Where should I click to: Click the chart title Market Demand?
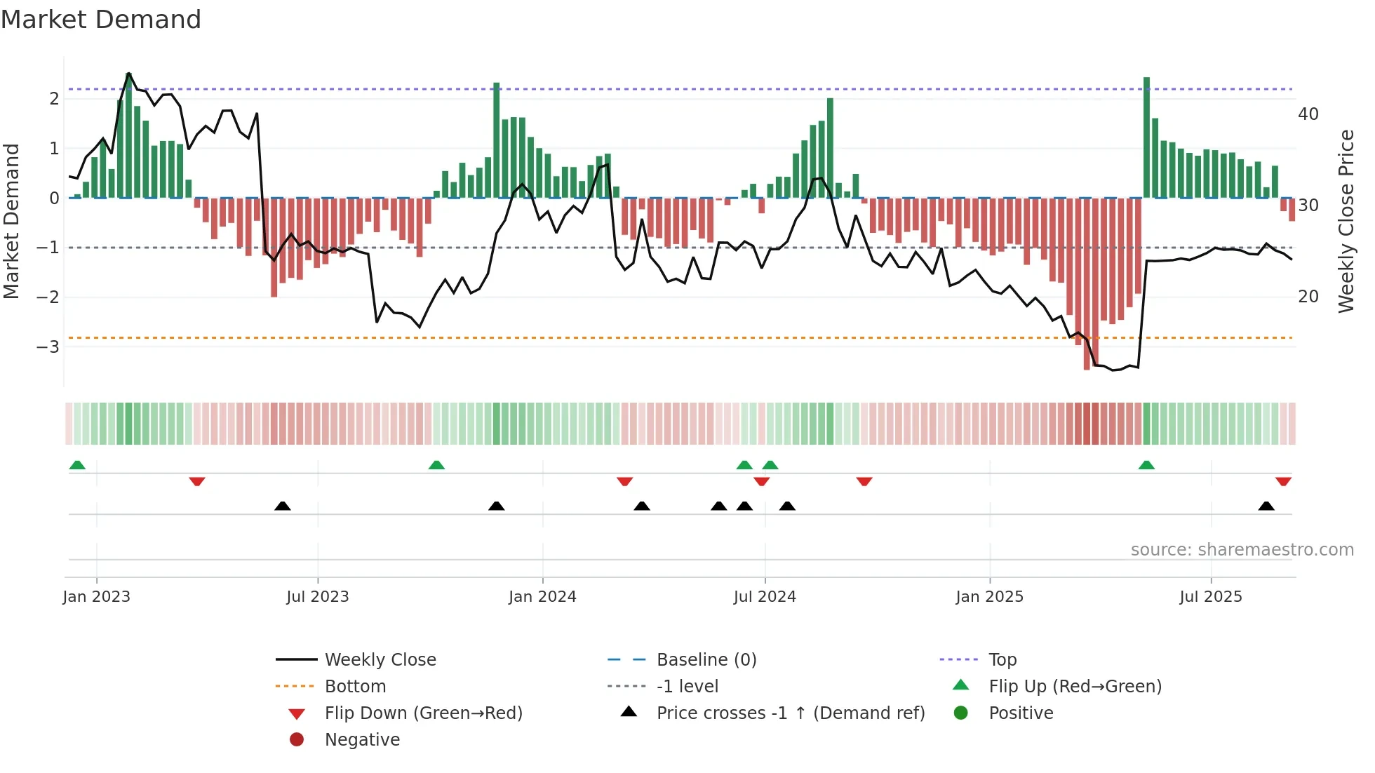coord(101,20)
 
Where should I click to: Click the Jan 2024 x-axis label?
coord(542,597)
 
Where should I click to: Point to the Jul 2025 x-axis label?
coord(1210,597)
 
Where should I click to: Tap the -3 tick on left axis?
coord(48,347)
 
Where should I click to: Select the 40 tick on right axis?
coord(1308,114)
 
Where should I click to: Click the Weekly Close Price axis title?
coord(1346,221)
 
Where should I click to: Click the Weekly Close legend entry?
coord(380,660)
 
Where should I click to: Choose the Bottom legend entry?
coord(355,687)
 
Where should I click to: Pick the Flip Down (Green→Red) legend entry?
coord(423,713)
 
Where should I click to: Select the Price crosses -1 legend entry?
coord(790,713)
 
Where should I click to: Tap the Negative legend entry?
coord(362,740)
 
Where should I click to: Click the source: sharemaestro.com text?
coord(1242,550)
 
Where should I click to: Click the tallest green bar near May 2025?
coord(1146,137)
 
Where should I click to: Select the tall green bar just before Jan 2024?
coord(497,140)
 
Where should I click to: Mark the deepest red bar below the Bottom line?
coord(1087,283)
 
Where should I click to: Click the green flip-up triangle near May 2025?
coord(1146,465)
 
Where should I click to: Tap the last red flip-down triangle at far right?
coord(1283,481)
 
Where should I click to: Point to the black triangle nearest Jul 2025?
coord(1266,506)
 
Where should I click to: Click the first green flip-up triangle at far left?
coord(77,465)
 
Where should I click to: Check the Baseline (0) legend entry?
coord(706,660)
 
